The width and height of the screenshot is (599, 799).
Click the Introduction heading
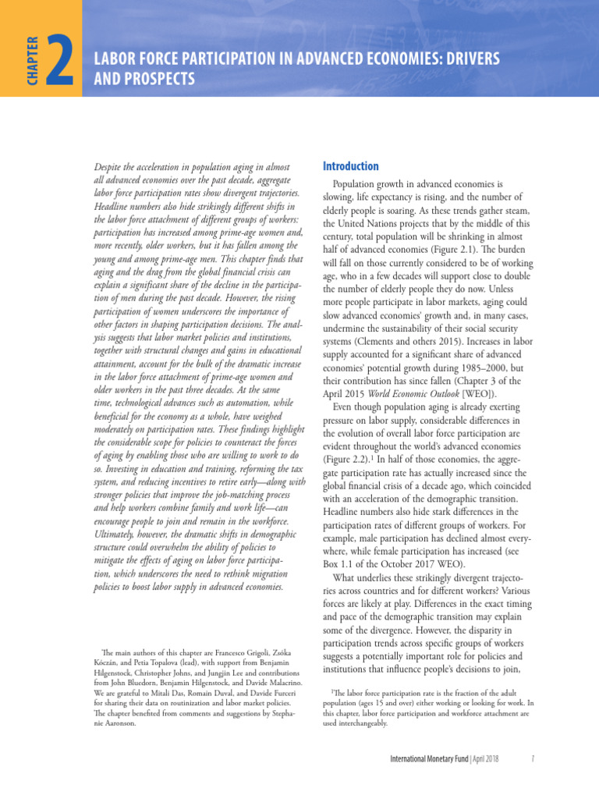351,166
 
